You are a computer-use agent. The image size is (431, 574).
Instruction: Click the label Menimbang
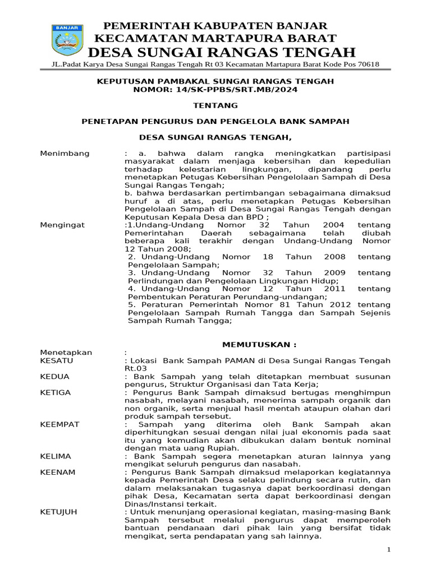coord(65,154)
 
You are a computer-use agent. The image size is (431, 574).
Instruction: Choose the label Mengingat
coord(63,225)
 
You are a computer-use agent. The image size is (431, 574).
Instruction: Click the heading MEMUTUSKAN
coord(259,344)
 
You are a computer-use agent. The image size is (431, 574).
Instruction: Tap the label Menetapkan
coord(66,353)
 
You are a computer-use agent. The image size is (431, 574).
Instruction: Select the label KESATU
coord(57,360)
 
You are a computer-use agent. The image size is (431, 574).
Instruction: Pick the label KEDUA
coord(55,377)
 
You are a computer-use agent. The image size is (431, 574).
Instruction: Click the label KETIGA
coord(56,392)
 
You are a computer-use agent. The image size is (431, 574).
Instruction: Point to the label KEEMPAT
coord(60,424)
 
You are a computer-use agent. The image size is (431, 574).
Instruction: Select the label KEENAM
coord(58,473)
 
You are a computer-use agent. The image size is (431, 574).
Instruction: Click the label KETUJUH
coord(59,512)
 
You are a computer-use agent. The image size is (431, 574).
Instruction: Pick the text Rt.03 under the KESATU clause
coord(134,369)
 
